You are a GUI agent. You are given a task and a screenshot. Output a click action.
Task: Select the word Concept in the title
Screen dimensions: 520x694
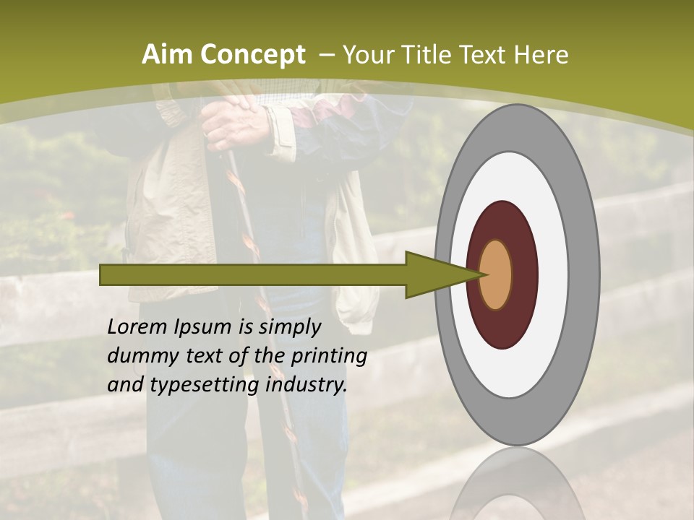[x=252, y=56]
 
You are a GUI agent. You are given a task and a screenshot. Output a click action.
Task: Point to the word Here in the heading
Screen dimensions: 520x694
[x=541, y=55]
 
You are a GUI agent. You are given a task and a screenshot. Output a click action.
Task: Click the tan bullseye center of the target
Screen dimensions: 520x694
[x=496, y=274]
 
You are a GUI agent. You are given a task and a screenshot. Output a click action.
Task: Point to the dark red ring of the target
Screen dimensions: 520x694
[x=502, y=224]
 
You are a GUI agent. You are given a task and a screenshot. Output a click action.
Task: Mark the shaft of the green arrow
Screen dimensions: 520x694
[x=253, y=274]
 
